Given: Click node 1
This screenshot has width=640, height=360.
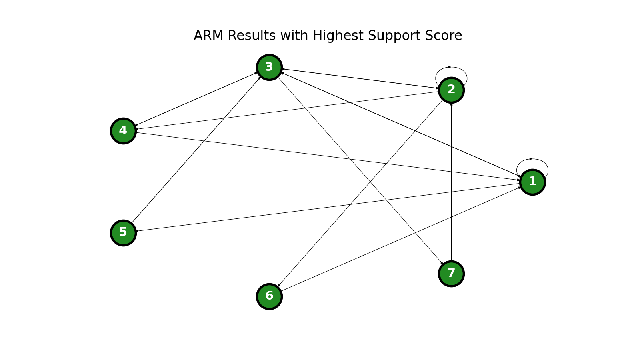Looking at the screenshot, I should point(532,182).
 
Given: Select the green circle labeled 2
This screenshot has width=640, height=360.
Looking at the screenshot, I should point(451,90).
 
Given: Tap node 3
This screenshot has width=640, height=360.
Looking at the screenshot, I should point(269,67).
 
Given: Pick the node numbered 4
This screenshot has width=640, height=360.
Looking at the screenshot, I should point(123,131).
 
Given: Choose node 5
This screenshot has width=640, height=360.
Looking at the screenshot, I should point(123,233).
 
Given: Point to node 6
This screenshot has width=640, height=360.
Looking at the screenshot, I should point(269,296).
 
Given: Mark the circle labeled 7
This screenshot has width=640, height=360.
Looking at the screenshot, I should point(451,274).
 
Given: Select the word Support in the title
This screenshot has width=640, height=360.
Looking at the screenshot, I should point(388,36).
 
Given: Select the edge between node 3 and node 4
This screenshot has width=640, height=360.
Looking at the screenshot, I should point(196,99).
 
